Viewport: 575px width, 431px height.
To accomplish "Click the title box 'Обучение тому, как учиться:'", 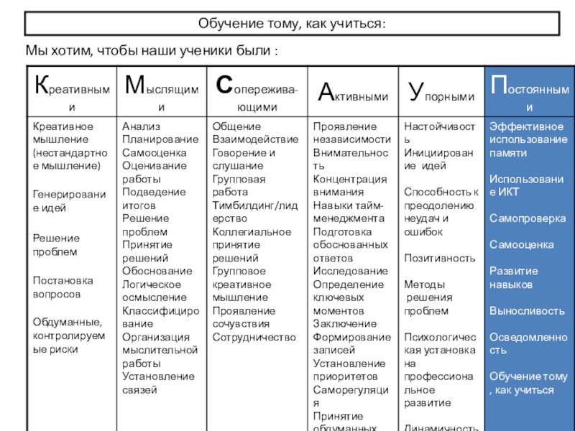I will [x=293, y=24].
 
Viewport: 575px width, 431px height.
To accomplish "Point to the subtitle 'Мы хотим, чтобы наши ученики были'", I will [x=152, y=52].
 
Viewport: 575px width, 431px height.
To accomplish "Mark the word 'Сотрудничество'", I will [x=254, y=337].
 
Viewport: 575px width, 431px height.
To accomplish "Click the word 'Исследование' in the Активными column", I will [x=350, y=272].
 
